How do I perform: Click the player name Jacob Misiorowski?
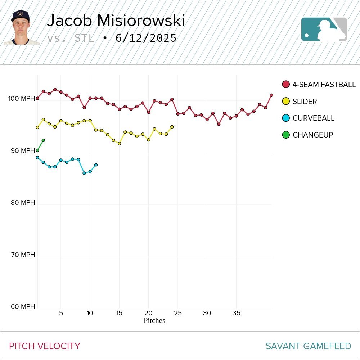116,21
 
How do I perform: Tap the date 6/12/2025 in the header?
146,38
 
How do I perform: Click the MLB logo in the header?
324,29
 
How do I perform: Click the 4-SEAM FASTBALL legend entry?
324,85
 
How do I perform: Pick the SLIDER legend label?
305,102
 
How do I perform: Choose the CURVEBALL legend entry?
313,118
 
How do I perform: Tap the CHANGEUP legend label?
312,135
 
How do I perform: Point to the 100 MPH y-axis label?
22,99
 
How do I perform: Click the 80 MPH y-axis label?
23,203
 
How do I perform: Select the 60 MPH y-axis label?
23,307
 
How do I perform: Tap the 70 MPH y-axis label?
23,255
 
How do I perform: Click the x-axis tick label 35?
236,313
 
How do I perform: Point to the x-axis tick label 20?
148,313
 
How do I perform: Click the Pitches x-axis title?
154,320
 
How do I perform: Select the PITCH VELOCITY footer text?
45,346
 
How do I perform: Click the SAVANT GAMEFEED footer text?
308,346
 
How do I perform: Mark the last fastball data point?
271,95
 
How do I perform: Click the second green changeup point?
43,140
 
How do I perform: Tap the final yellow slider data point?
172,127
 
